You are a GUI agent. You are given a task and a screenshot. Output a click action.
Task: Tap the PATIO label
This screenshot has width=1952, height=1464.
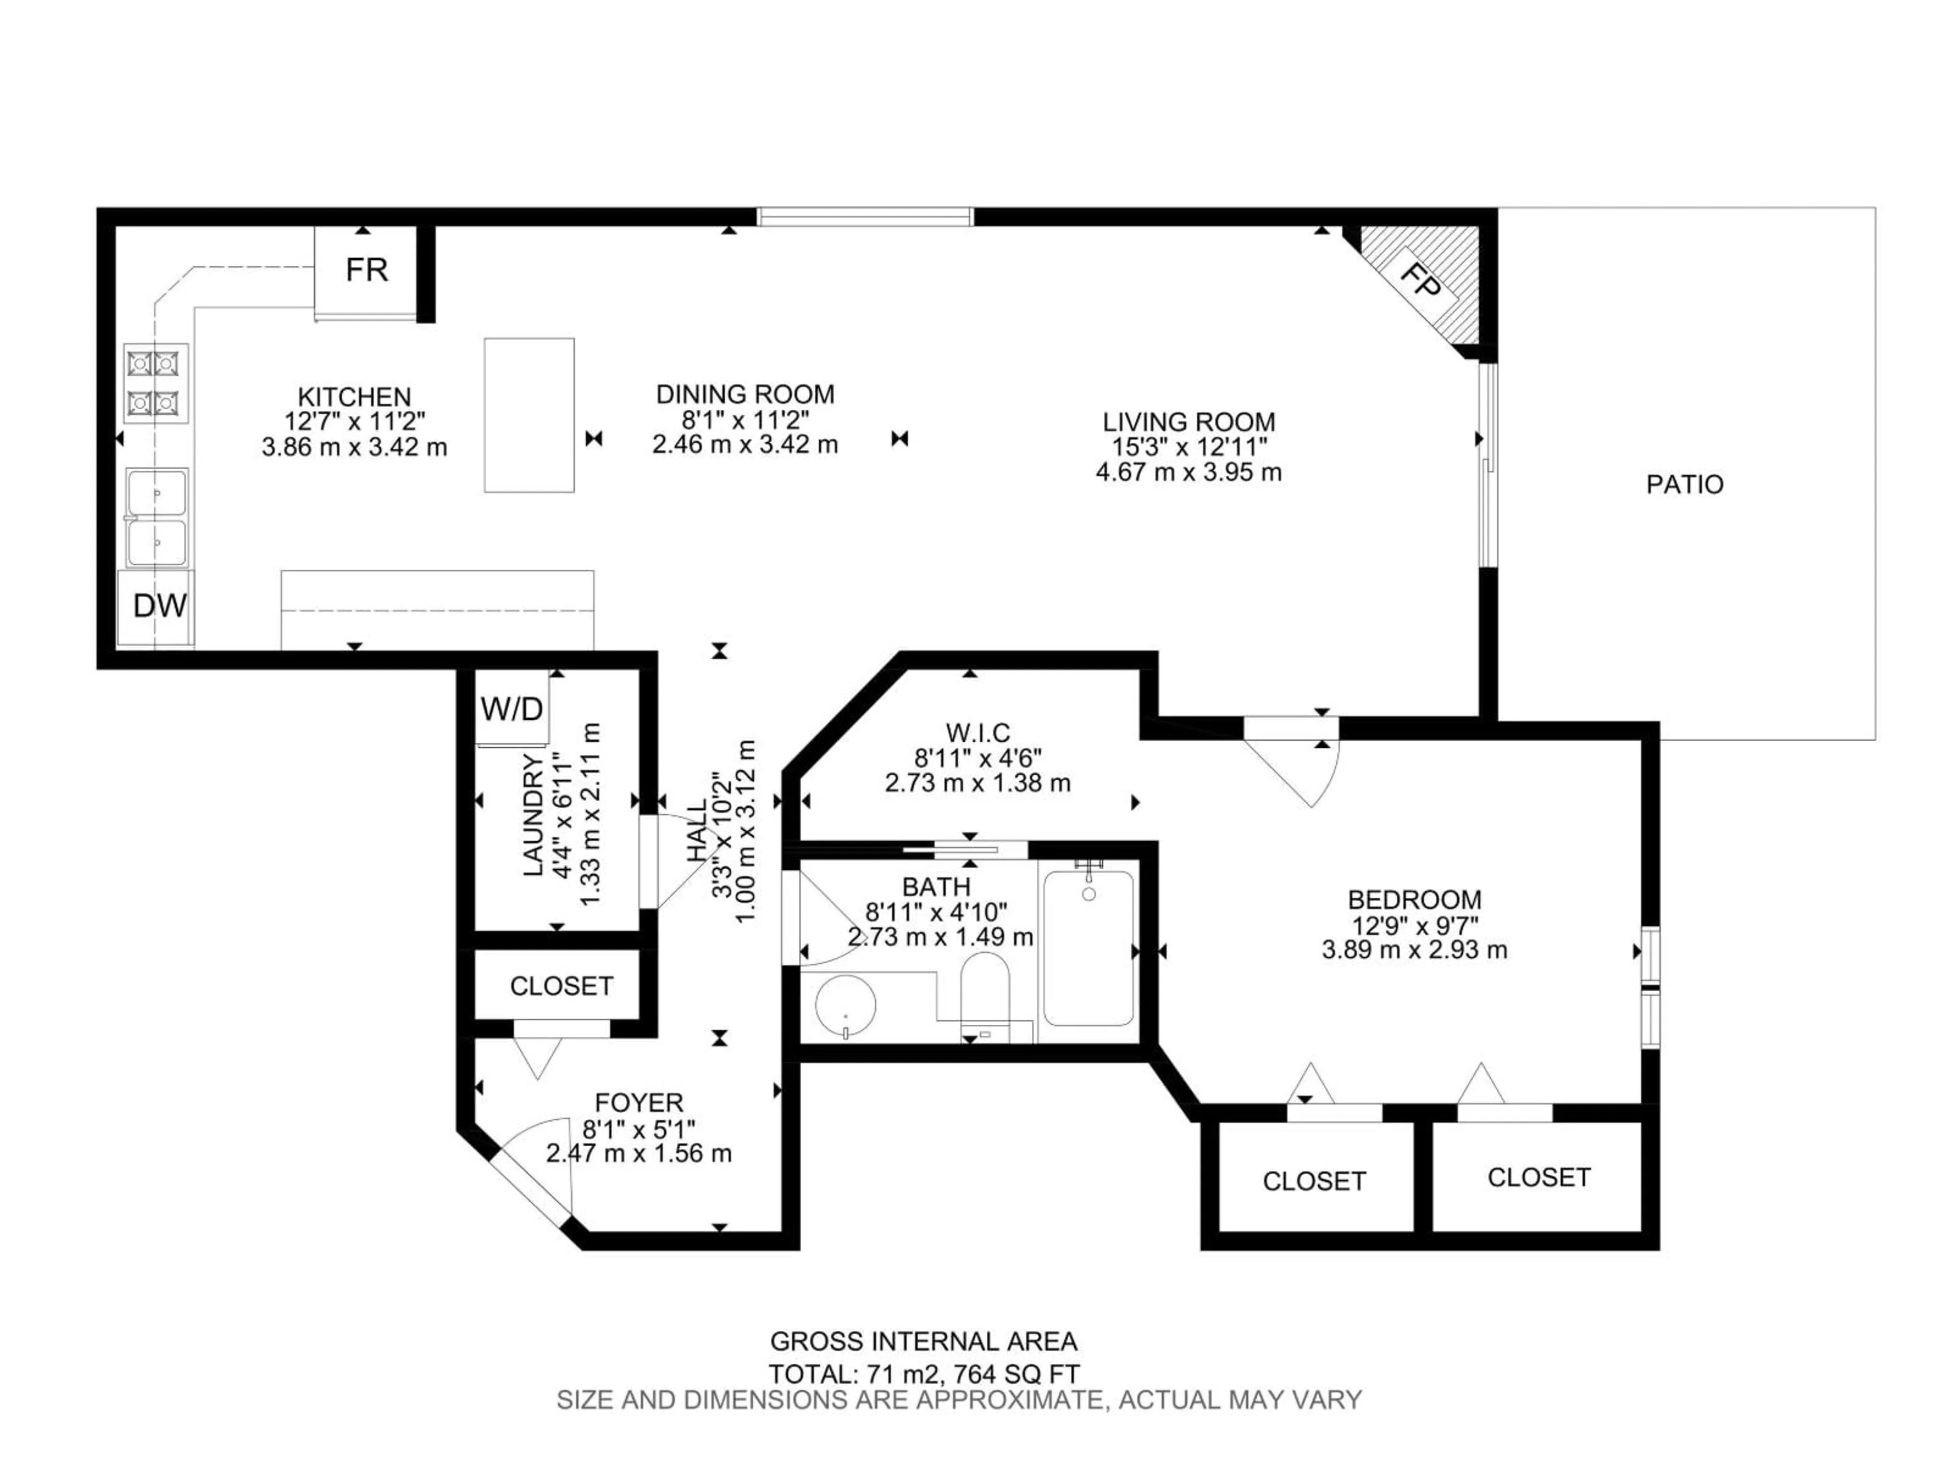(x=1684, y=484)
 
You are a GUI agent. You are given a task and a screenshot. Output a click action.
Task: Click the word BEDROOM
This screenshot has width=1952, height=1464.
(x=1414, y=900)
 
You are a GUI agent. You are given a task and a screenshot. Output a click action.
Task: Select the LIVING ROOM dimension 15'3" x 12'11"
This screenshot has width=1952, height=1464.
(x=1188, y=447)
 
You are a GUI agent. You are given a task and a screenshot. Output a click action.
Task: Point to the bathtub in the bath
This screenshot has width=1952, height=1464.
(x=1088, y=949)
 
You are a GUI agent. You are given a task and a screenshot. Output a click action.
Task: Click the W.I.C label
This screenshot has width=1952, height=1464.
(x=977, y=733)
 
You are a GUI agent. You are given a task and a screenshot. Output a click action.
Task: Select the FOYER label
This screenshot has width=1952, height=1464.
(x=638, y=1103)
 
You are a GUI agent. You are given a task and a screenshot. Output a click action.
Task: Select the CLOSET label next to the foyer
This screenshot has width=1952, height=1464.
(x=561, y=986)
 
